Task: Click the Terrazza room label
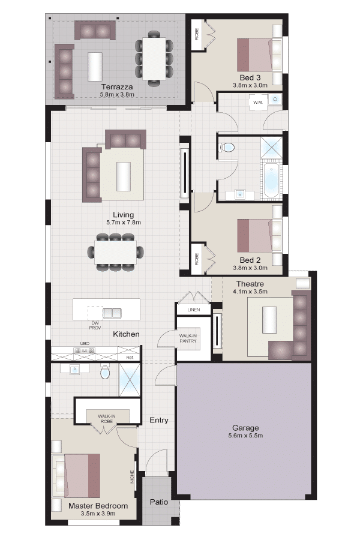pos(117,87)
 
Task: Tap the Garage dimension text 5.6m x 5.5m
pos(245,436)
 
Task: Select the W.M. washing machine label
pos(257,102)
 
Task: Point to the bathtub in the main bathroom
pos(272,181)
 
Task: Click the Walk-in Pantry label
pos(188,338)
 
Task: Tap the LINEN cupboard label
pos(194,310)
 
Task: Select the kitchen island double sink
pos(112,313)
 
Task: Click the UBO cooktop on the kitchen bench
pos(85,351)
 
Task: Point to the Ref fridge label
pos(129,358)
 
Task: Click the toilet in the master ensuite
pos(105,371)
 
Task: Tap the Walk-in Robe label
pos(107,419)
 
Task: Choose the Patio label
pos(159,502)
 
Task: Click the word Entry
pos(159,420)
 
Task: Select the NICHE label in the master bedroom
pos(132,477)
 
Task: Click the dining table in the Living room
pos(116,252)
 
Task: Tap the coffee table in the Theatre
pos(269,320)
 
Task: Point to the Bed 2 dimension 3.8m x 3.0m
pos(250,268)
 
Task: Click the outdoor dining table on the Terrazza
pos(154,58)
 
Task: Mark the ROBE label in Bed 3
pos(197,34)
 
